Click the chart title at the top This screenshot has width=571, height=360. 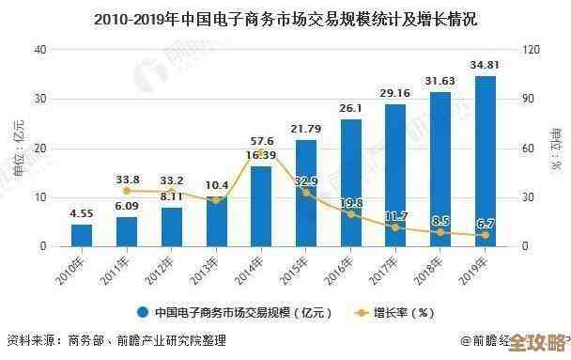[285, 18]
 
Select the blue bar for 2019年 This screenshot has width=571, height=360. [486, 161]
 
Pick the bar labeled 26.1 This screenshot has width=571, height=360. [351, 182]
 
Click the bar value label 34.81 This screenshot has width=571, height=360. [486, 65]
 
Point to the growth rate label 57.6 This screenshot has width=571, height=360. [261, 140]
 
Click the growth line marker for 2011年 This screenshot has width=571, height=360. [127, 191]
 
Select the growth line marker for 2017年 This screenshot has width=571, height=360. [395, 227]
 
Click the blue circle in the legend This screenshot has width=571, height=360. [143, 312]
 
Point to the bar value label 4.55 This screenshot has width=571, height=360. [82, 212]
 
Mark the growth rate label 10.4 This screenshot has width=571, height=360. [217, 184]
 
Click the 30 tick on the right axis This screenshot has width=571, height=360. [528, 197]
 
